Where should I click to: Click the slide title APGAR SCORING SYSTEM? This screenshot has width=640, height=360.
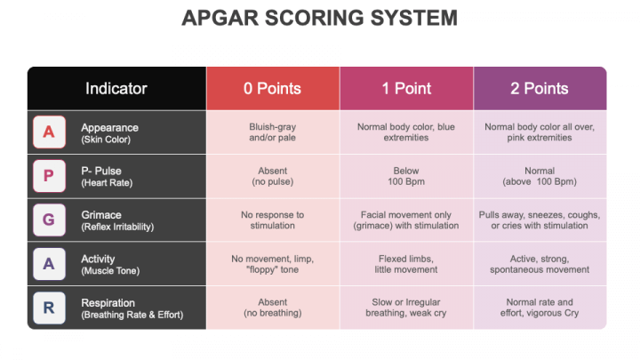click(x=320, y=18)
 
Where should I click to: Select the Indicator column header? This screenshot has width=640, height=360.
click(x=116, y=88)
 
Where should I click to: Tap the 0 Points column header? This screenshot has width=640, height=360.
click(x=272, y=88)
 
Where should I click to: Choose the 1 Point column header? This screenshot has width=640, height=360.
click(x=406, y=88)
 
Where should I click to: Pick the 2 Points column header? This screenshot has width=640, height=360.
click(x=539, y=88)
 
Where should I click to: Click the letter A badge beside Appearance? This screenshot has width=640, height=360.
click(x=49, y=132)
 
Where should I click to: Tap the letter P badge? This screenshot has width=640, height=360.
click(x=49, y=176)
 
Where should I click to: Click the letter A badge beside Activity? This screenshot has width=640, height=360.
click(x=49, y=264)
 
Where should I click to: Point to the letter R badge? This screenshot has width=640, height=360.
click(x=49, y=308)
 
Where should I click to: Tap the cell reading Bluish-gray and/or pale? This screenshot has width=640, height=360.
click(x=272, y=132)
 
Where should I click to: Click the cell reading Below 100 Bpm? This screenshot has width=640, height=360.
click(x=406, y=176)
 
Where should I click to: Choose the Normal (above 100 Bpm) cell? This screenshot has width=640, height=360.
click(x=539, y=176)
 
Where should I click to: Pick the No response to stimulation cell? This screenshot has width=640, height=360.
click(x=272, y=220)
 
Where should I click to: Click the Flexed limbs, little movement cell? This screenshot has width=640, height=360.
click(x=406, y=264)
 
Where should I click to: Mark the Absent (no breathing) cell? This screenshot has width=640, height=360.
click(x=272, y=308)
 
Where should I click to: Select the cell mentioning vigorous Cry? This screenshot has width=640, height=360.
click(x=539, y=308)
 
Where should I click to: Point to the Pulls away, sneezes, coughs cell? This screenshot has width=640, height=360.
click(x=539, y=220)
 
